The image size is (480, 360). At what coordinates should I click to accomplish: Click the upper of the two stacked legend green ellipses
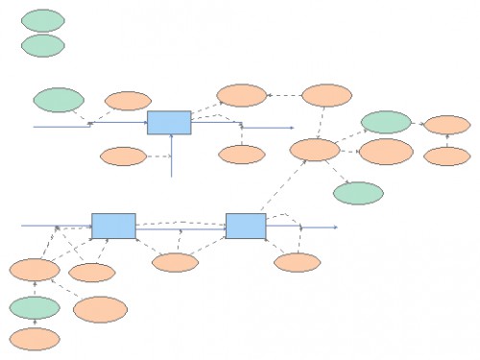(x=42, y=20)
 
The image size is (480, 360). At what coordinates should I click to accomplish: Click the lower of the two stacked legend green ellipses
(x=42, y=45)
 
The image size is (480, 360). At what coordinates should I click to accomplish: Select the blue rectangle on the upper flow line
(x=169, y=123)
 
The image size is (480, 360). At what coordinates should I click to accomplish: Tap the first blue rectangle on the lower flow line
(x=113, y=226)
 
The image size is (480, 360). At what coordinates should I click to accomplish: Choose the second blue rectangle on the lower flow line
(x=246, y=226)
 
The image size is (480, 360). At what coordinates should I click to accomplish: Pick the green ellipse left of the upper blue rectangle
(x=59, y=100)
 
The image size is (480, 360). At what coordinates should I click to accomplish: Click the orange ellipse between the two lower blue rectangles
(x=175, y=262)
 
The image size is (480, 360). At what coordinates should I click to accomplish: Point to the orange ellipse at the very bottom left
(x=35, y=338)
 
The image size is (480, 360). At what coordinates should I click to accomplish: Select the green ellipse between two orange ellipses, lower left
(x=35, y=307)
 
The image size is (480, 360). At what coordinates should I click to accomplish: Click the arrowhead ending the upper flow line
(x=290, y=126)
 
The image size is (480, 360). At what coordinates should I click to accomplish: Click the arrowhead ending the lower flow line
(x=335, y=228)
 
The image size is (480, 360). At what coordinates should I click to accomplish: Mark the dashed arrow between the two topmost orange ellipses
(x=284, y=95)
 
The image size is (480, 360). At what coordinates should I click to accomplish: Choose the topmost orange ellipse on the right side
(x=326, y=95)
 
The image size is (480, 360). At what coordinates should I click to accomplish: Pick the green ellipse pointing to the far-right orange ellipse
(x=387, y=122)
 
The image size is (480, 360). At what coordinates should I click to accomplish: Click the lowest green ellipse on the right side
(x=358, y=192)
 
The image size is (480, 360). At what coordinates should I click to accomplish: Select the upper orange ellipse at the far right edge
(x=446, y=125)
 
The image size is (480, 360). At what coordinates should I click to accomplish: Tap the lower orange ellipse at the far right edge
(x=446, y=156)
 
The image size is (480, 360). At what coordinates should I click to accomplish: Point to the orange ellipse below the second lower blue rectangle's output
(x=297, y=262)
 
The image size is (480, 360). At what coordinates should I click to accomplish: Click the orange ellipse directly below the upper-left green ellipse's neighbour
(x=124, y=156)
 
